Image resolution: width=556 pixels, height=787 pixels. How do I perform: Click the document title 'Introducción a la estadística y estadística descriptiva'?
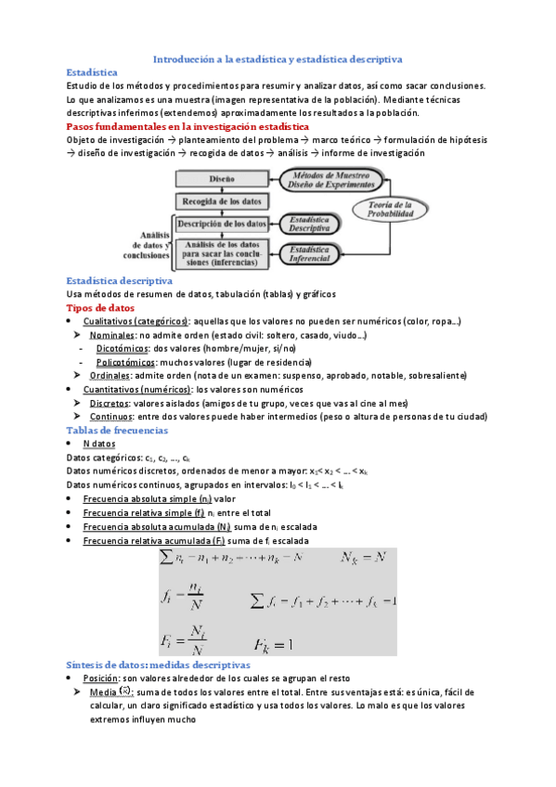[277, 58]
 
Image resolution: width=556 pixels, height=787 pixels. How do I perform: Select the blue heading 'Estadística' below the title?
[92, 71]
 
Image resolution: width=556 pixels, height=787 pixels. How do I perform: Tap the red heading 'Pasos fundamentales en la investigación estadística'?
[188, 126]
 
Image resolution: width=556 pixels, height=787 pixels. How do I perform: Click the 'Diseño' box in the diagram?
[222, 178]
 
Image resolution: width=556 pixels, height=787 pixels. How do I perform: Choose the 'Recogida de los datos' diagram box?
[222, 200]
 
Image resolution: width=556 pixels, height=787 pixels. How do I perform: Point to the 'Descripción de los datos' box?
[222, 224]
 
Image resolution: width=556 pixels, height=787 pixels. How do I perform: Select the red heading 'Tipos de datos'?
[101, 308]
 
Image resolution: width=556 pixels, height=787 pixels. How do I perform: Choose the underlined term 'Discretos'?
[110, 404]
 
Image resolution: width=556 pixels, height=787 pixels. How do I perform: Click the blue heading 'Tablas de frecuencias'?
[120, 431]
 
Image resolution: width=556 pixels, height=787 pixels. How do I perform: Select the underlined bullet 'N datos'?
[99, 445]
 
